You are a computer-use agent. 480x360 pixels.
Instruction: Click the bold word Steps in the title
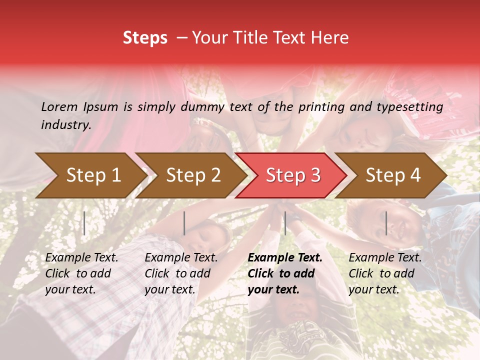[145, 38]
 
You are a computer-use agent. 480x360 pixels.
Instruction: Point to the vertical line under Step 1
[84, 223]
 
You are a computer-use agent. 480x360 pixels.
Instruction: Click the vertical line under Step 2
[184, 223]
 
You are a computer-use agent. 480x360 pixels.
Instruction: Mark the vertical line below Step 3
[285, 223]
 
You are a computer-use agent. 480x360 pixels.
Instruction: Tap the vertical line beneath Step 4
[386, 223]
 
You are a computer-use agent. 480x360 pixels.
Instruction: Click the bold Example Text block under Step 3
[284, 273]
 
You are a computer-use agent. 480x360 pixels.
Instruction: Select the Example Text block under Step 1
[81, 273]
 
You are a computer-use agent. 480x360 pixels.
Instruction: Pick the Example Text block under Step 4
[385, 273]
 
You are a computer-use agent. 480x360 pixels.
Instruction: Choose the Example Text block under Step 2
[181, 273]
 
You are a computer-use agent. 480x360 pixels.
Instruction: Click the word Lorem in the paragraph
[59, 106]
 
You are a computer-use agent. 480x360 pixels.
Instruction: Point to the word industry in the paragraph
[66, 125]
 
